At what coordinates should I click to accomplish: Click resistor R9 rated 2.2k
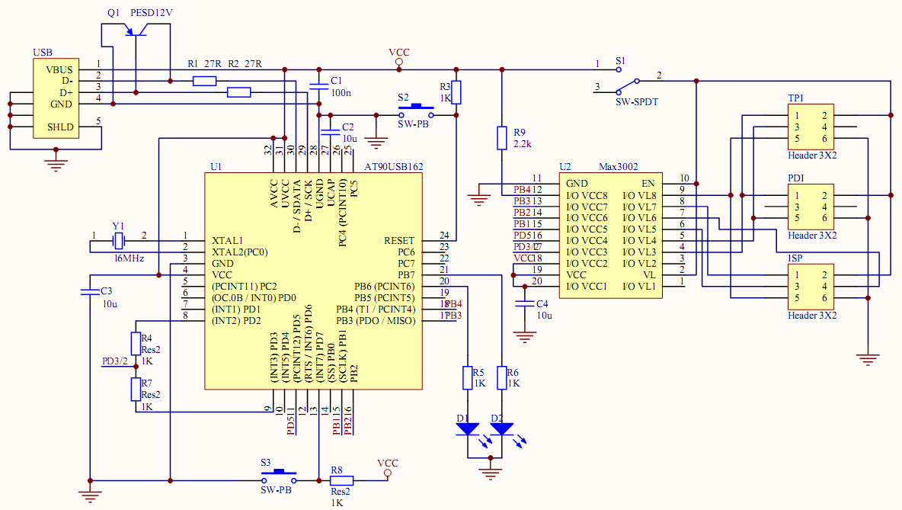(501, 138)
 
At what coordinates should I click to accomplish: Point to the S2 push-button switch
(415, 112)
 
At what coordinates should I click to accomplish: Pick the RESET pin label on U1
(399, 241)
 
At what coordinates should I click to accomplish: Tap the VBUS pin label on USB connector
(59, 69)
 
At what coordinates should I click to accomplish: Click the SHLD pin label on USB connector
(61, 127)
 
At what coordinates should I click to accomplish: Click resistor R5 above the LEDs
(468, 377)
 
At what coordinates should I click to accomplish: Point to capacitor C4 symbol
(523, 303)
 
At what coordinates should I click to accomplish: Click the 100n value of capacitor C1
(341, 93)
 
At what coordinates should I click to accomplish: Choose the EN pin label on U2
(648, 184)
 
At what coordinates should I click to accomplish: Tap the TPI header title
(795, 98)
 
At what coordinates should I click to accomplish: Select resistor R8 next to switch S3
(342, 480)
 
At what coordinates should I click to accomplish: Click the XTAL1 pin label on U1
(227, 241)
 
